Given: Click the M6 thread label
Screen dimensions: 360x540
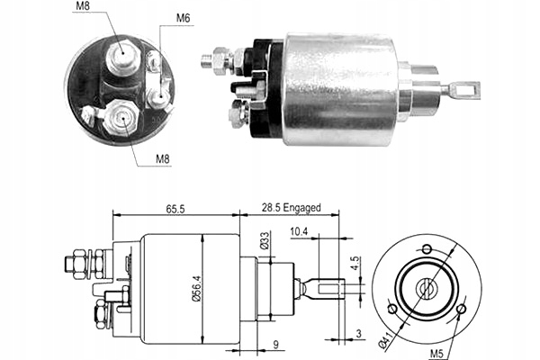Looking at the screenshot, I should click(x=183, y=17).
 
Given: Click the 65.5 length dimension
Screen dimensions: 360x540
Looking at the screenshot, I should click(x=175, y=209).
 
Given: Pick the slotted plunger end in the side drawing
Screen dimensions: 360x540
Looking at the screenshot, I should click(x=330, y=289).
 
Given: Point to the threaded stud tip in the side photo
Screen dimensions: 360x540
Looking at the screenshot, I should click(x=206, y=62).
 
